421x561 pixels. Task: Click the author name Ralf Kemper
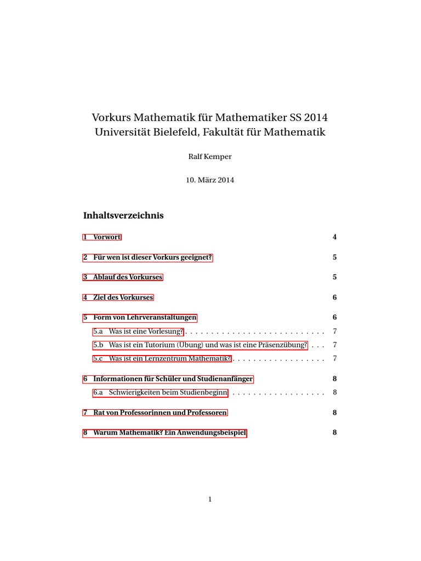pyautogui.click(x=210, y=157)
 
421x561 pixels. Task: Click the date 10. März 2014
pyautogui.click(x=210, y=180)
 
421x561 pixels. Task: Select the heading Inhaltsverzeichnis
pyautogui.click(x=123, y=215)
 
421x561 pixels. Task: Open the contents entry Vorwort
pyautogui.click(x=102, y=237)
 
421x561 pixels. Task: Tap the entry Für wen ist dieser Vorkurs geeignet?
pyautogui.click(x=147, y=257)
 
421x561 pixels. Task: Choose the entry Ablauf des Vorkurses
pyautogui.click(x=123, y=277)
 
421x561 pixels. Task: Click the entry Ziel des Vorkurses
pyautogui.click(x=118, y=297)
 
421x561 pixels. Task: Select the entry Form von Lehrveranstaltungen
pyautogui.click(x=140, y=318)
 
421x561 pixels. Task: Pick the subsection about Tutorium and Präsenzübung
pyautogui.click(x=200, y=345)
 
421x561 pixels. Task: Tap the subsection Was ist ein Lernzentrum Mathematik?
pyautogui.click(x=162, y=359)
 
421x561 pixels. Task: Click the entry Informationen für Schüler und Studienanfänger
pyautogui.click(x=168, y=379)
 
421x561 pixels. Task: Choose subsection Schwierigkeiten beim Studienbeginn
pyautogui.click(x=160, y=392)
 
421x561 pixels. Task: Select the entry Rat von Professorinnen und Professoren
pyautogui.click(x=155, y=413)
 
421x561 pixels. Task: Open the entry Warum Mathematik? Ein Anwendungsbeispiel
pyautogui.click(x=165, y=433)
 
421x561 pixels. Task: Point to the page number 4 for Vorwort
pyautogui.click(x=334, y=237)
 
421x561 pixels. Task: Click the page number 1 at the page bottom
pyautogui.click(x=210, y=499)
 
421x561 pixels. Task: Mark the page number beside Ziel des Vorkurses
pyautogui.click(x=334, y=297)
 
